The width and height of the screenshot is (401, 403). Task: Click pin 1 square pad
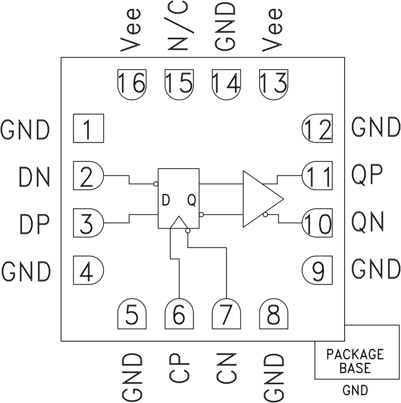coord(88,128)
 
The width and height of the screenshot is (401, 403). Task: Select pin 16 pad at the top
coord(131,84)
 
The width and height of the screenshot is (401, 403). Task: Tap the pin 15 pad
coord(178,84)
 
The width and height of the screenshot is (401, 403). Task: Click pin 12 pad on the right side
coord(318,128)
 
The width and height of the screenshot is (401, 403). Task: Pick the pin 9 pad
coord(318,270)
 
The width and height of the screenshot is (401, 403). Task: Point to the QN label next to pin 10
coord(368,223)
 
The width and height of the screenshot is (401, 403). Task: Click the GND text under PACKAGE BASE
coord(355,390)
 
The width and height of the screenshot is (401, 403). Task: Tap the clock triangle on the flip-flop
coord(178,223)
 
